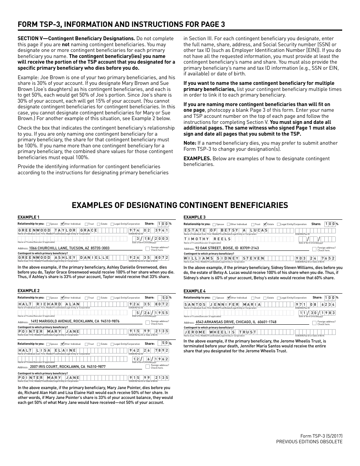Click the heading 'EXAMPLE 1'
[x=28, y=217]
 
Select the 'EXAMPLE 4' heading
[x=195, y=291]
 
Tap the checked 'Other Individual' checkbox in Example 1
[x=63, y=224]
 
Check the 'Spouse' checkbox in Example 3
[x=214, y=224]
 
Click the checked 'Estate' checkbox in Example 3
[x=265, y=224]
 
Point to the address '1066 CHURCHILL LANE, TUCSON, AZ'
[x=69, y=248]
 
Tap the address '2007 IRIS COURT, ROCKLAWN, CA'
[x=67, y=367]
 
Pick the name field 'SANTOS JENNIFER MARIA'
[x=223, y=304]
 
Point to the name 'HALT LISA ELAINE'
[x=47, y=350]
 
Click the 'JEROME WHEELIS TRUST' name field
[x=221, y=332]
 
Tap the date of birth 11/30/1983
[x=317, y=313]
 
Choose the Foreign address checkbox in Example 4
[x=314, y=323]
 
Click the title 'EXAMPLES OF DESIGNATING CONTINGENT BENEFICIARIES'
[x=180, y=205]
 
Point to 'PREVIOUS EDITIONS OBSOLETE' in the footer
[x=309, y=442]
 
